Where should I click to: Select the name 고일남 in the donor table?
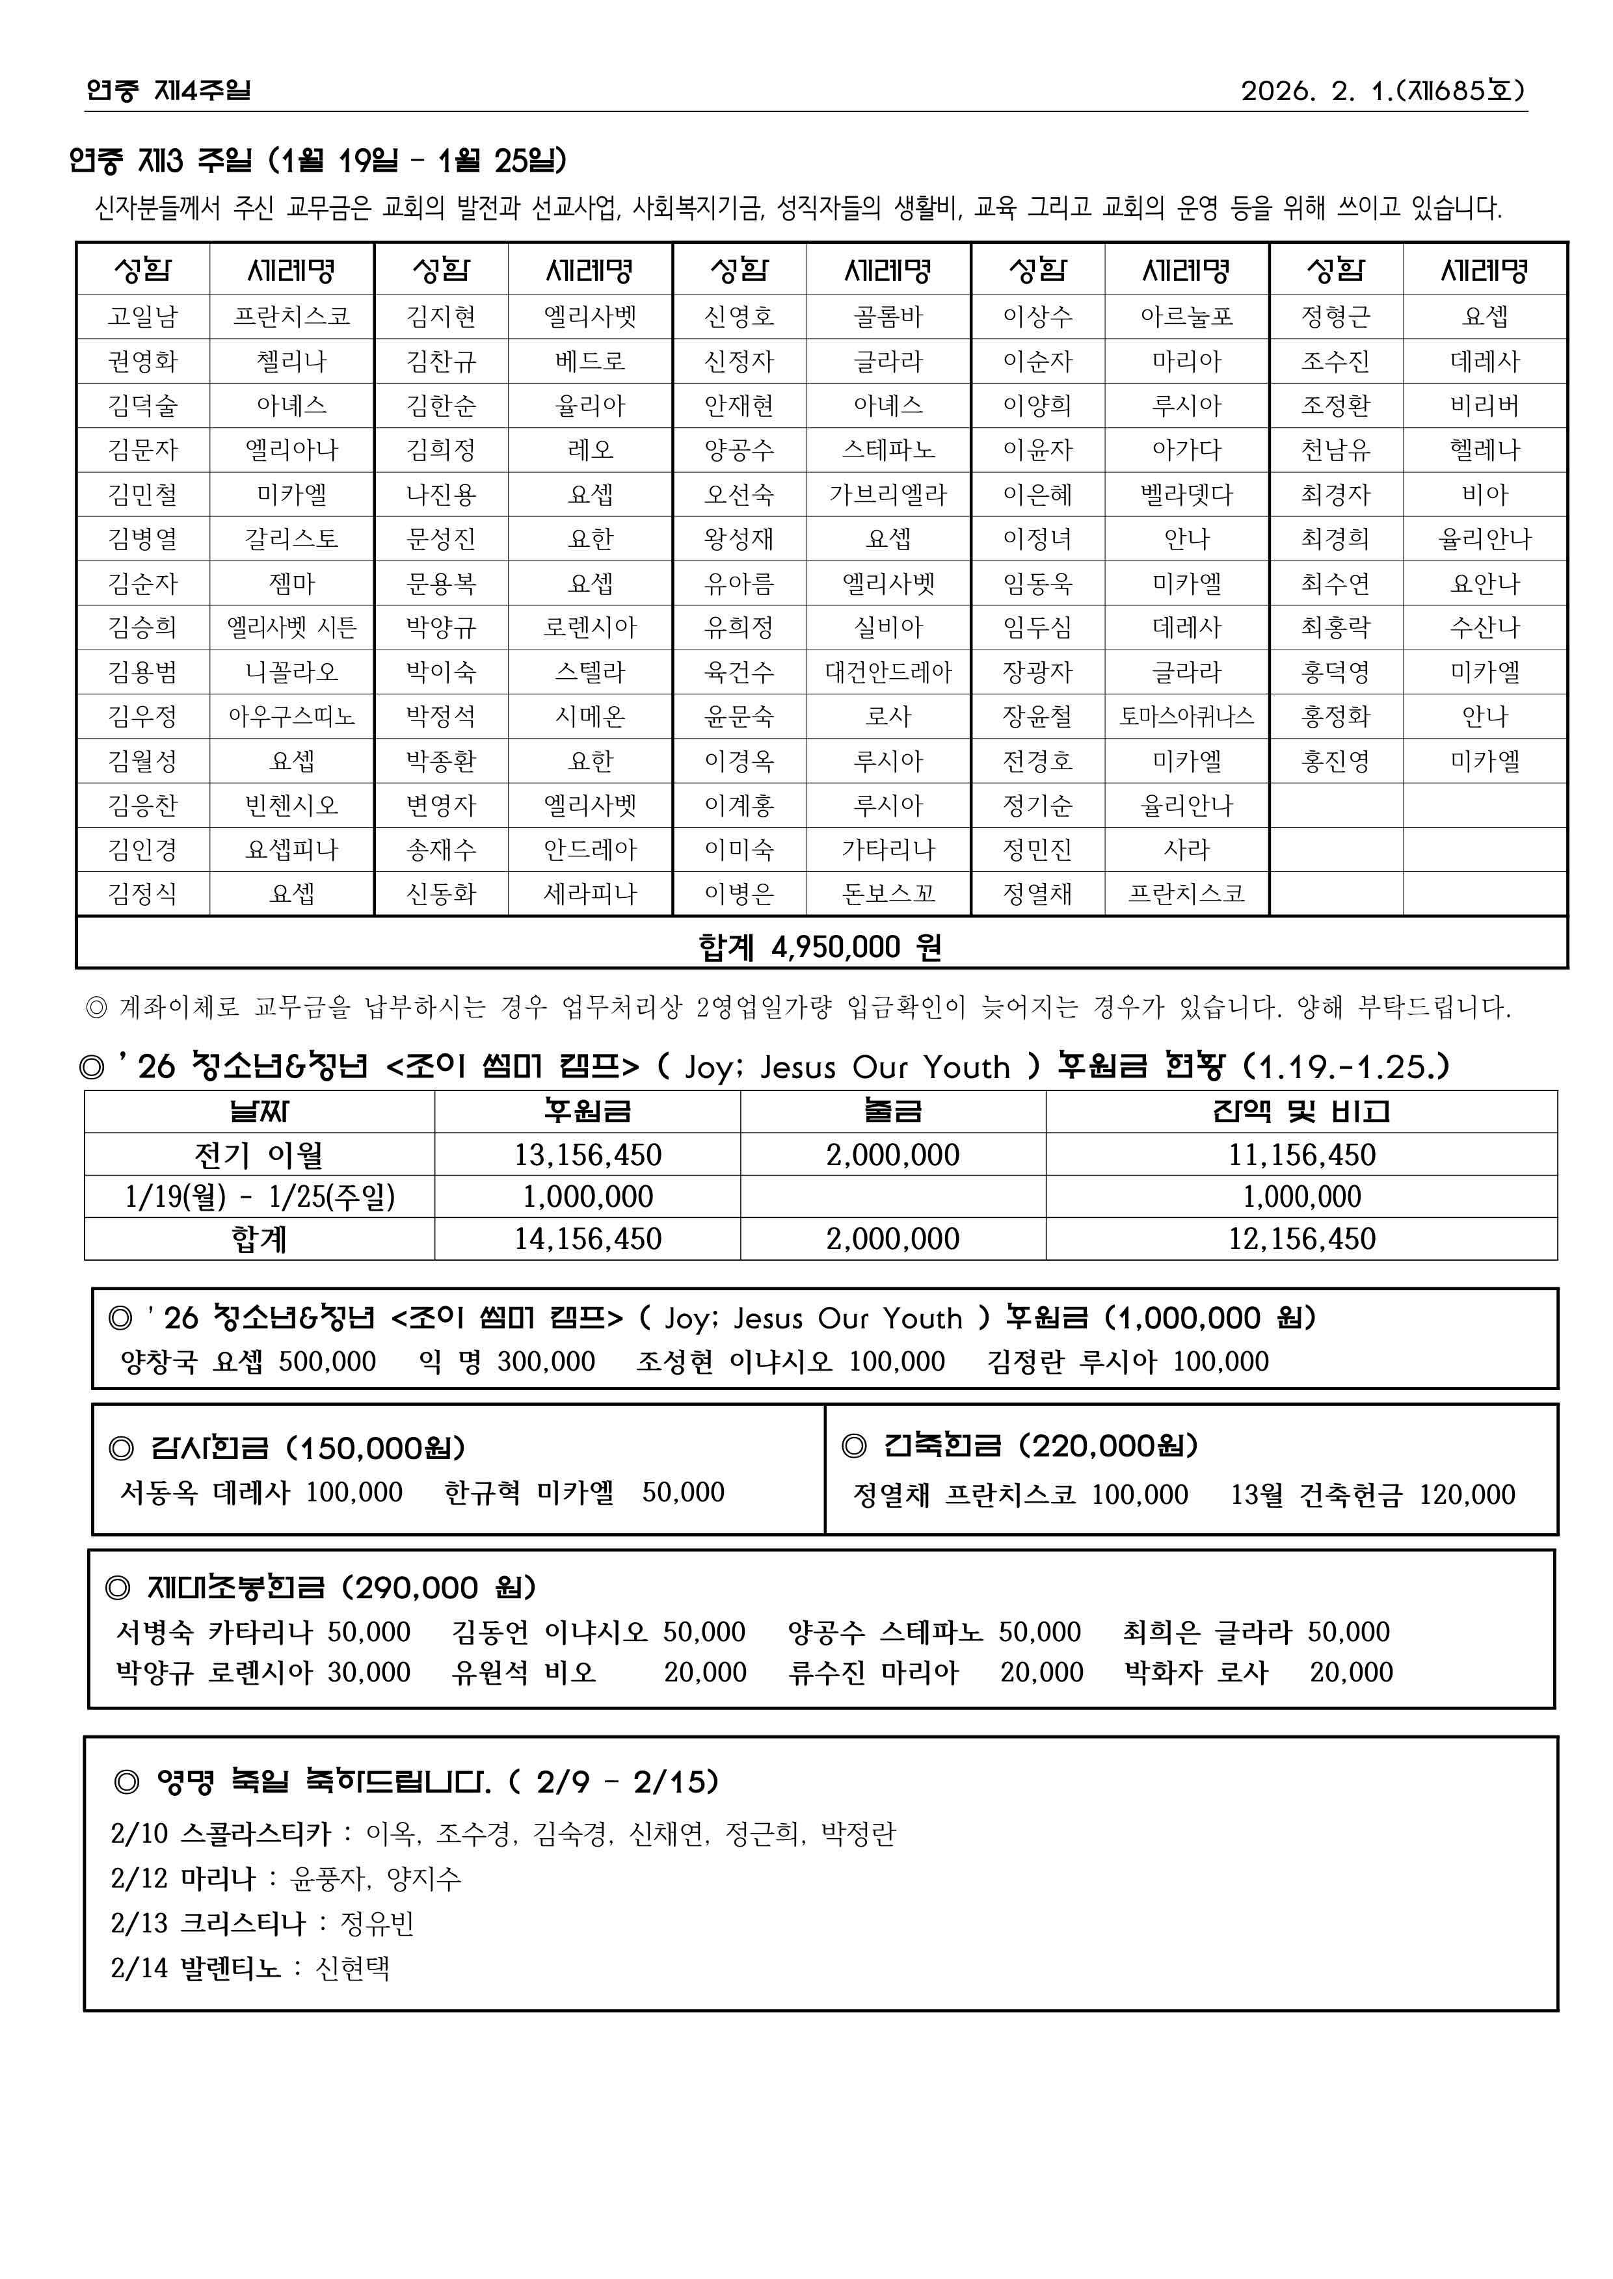[x=143, y=317]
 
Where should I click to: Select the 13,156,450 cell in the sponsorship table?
[x=587, y=1155]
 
